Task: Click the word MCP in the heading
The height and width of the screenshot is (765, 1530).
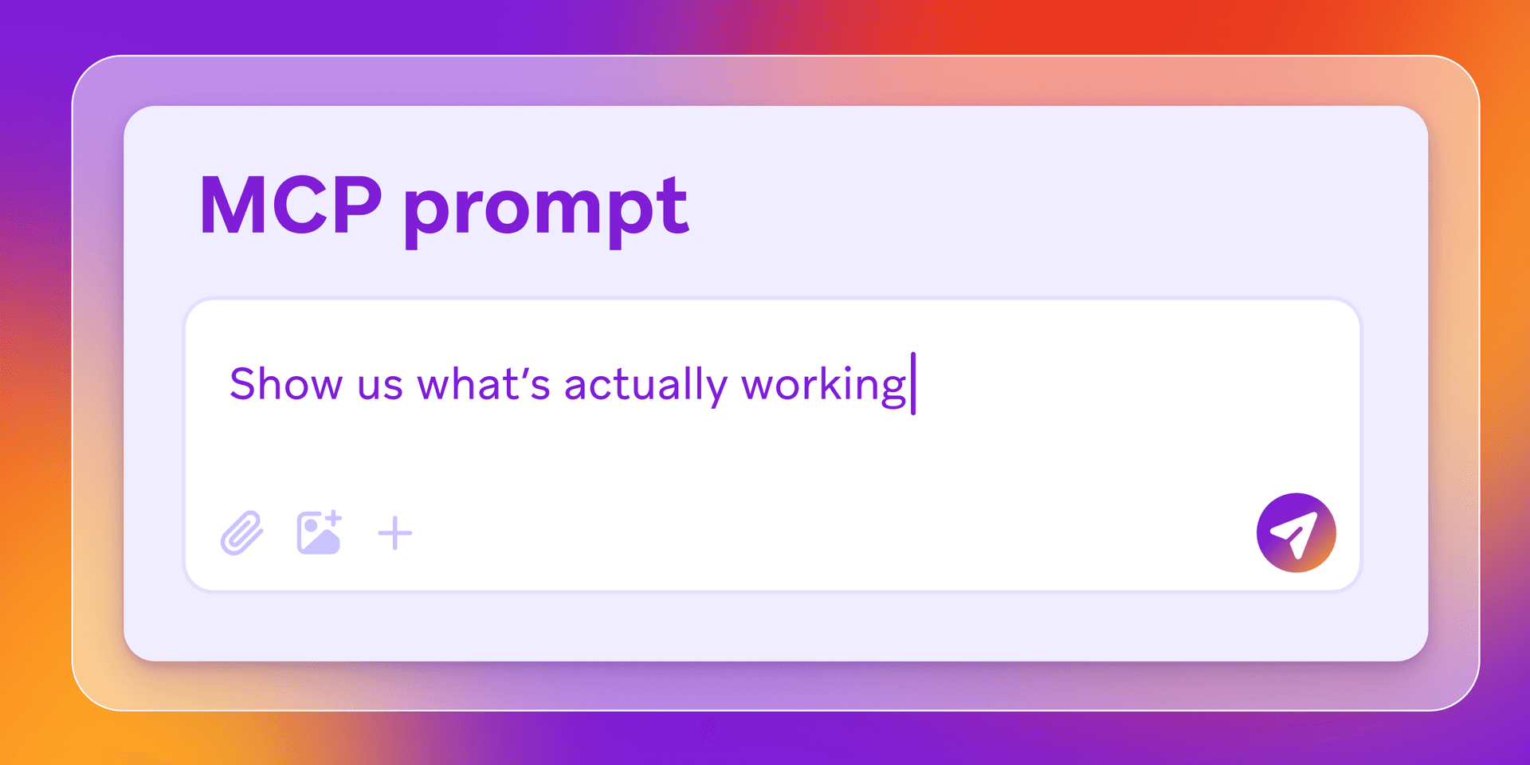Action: tap(290, 206)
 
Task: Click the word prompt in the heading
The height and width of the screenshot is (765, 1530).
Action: tap(546, 209)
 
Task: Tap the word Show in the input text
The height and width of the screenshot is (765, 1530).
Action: tap(286, 384)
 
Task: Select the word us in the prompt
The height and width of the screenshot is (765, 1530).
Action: tap(379, 386)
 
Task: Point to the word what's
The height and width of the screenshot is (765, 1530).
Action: tap(484, 384)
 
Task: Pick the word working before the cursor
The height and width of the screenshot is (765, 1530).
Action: tap(824, 386)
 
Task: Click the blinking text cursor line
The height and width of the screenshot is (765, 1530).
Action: tap(913, 383)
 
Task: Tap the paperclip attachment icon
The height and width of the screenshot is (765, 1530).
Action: tap(241, 532)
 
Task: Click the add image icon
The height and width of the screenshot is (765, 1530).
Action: tap(319, 532)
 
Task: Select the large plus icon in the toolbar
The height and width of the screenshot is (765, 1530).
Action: tap(394, 533)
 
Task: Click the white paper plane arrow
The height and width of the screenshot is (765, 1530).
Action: tap(1294, 533)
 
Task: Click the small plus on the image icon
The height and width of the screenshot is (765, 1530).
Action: tap(334, 518)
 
